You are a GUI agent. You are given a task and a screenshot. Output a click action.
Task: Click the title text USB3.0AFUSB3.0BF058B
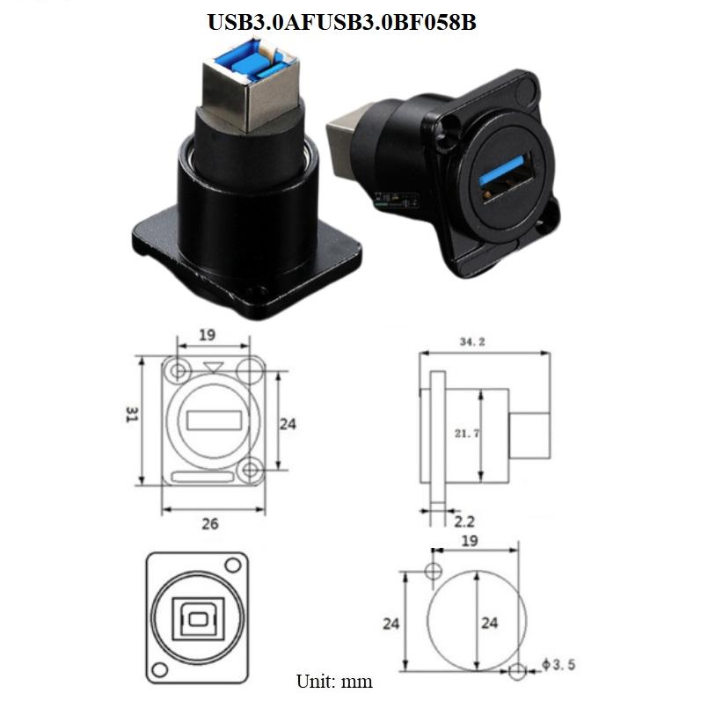tap(341, 23)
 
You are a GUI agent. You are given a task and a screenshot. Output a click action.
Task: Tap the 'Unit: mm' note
tap(334, 681)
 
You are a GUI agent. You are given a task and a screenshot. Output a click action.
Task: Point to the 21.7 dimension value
tap(466, 433)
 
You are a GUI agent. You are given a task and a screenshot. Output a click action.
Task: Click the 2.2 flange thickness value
tap(464, 522)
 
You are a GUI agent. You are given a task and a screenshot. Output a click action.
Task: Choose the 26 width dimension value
tap(209, 523)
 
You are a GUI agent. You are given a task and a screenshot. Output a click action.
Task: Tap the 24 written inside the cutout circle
tap(488, 623)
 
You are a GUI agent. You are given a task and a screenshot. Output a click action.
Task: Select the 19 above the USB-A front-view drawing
tap(208, 335)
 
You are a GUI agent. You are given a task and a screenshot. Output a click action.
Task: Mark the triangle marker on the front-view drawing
tap(212, 366)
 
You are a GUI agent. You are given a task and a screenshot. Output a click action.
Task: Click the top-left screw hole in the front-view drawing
tap(180, 369)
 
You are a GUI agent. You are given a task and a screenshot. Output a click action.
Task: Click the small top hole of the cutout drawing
tap(432, 573)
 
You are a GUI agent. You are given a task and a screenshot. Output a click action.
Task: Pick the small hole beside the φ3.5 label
tap(518, 672)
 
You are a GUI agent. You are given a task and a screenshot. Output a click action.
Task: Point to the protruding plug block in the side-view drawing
tap(530, 436)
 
